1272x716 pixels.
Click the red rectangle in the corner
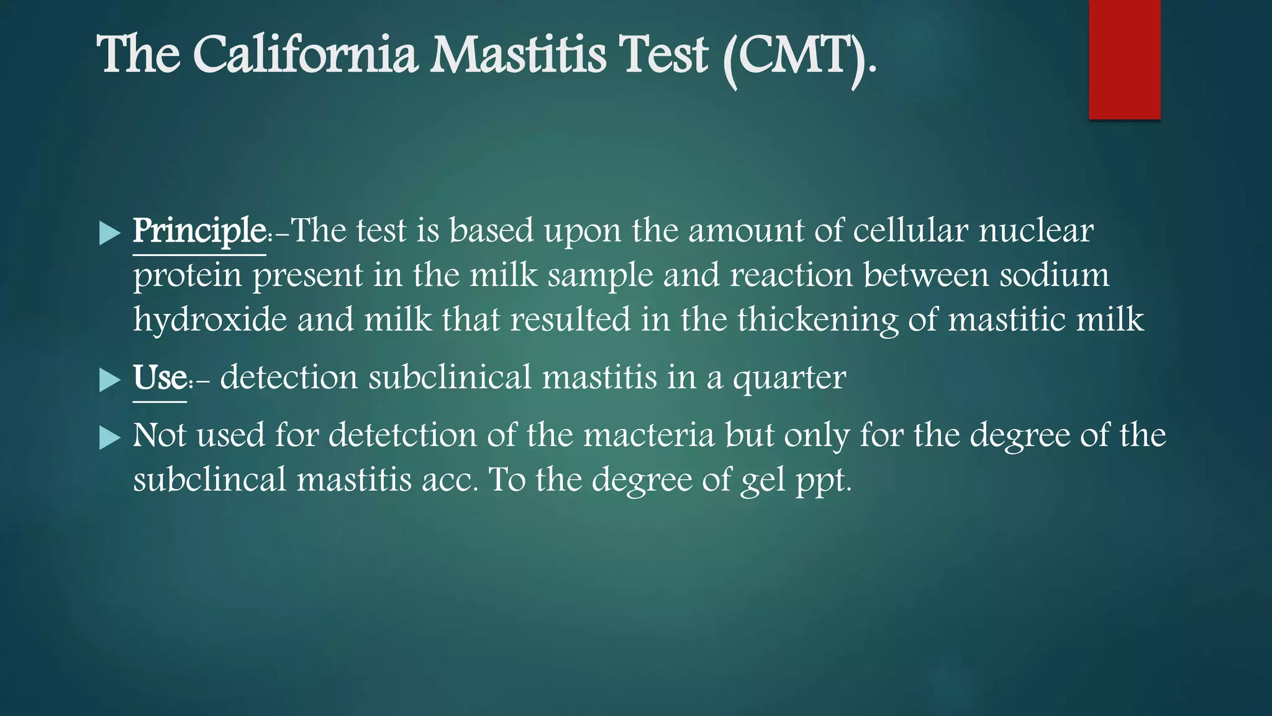[1124, 60]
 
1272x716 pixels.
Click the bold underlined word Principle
[199, 232]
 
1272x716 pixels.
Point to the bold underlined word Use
[160, 378]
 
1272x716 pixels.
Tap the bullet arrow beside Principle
[110, 234]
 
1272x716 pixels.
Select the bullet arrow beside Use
[110, 380]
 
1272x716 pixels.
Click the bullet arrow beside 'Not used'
[110, 438]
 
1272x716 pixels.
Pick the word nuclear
[1036, 231]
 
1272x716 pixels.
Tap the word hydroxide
[210, 319]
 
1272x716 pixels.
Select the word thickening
[817, 321]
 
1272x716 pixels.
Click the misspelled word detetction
[402, 435]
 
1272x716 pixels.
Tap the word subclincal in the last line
[209, 480]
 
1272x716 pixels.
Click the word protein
[187, 276]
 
